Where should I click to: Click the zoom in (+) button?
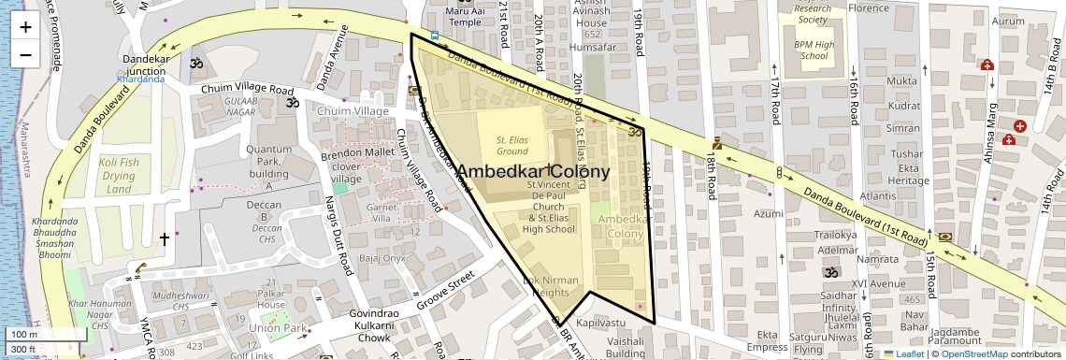click(25, 27)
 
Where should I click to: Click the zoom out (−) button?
click(25, 54)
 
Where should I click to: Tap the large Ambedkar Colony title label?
click(532, 172)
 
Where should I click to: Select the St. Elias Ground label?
click(512, 145)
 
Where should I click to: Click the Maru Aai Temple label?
click(465, 16)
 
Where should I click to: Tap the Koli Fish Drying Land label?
click(119, 176)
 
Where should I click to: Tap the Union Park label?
click(278, 328)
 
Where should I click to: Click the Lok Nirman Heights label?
click(551, 286)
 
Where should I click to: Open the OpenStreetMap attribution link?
click(973, 353)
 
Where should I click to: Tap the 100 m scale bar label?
click(23, 335)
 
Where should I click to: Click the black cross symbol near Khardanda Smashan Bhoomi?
click(165, 239)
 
